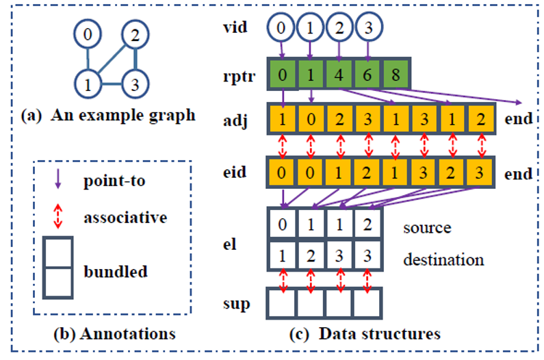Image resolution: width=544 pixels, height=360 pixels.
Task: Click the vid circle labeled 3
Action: [x=369, y=28]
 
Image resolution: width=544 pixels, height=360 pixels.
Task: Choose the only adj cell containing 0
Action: [x=311, y=118]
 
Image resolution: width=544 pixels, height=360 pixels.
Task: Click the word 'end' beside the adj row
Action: [x=518, y=118]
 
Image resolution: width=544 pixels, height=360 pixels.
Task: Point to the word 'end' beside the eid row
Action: [x=518, y=174]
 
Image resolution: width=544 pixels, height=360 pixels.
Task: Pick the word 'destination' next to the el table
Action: [x=443, y=259]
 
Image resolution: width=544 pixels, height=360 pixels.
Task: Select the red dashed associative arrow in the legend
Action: [x=57, y=218]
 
